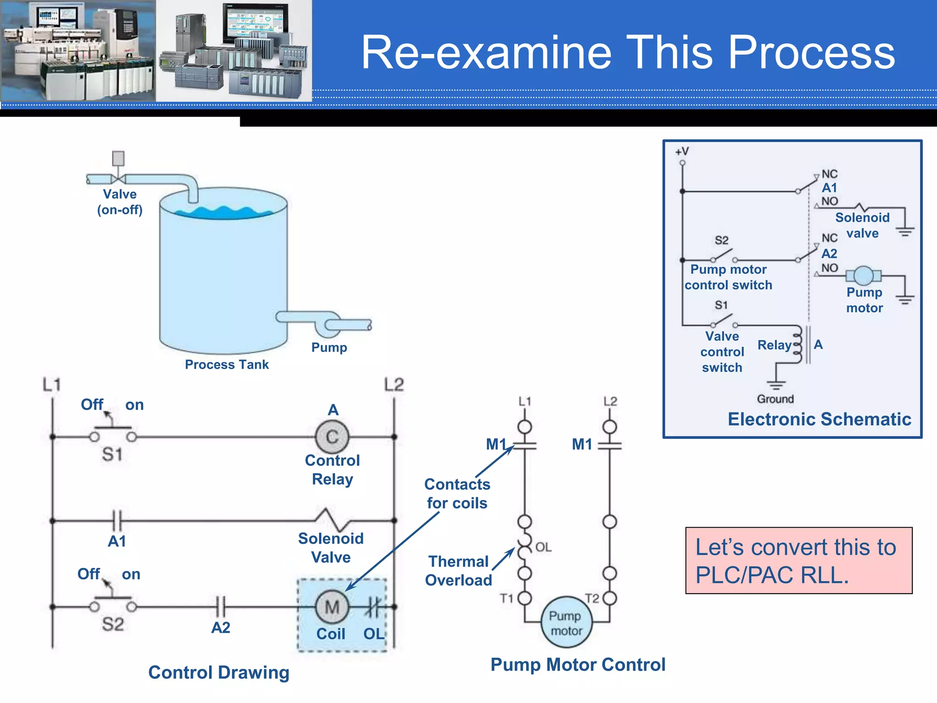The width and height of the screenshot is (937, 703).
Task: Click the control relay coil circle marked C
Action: pyautogui.click(x=332, y=437)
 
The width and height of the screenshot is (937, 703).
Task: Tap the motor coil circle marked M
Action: pyautogui.click(x=332, y=607)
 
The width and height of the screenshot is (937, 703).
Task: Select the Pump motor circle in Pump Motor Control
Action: pyautogui.click(x=566, y=622)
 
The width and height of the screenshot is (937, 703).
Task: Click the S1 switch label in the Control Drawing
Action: pyautogui.click(x=112, y=454)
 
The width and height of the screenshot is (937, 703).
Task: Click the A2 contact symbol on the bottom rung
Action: pyautogui.click(x=221, y=607)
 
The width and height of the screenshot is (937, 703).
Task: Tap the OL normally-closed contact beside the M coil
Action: pyautogui.click(x=372, y=607)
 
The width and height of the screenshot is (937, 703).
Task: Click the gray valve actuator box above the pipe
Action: pyautogui.click(x=118, y=158)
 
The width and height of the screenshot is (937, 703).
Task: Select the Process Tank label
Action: pyautogui.click(x=226, y=364)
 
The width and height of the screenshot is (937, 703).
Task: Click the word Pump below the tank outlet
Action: pyautogui.click(x=329, y=347)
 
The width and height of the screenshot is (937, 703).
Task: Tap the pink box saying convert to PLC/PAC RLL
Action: pyautogui.click(x=798, y=561)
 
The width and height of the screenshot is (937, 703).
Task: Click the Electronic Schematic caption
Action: pyautogui.click(x=819, y=419)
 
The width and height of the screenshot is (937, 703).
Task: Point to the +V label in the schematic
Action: pyautogui.click(x=682, y=151)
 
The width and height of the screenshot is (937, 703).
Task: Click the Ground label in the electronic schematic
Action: pyautogui.click(x=775, y=399)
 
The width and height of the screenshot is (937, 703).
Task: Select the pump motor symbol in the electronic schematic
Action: pyautogui.click(x=863, y=276)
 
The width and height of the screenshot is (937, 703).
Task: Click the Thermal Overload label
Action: pyautogui.click(x=458, y=571)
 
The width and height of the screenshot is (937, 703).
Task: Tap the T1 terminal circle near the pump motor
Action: pyautogui.click(x=525, y=598)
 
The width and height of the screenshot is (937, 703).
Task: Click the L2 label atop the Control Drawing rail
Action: pyautogui.click(x=393, y=384)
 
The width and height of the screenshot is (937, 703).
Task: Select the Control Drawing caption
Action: pyautogui.click(x=219, y=672)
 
